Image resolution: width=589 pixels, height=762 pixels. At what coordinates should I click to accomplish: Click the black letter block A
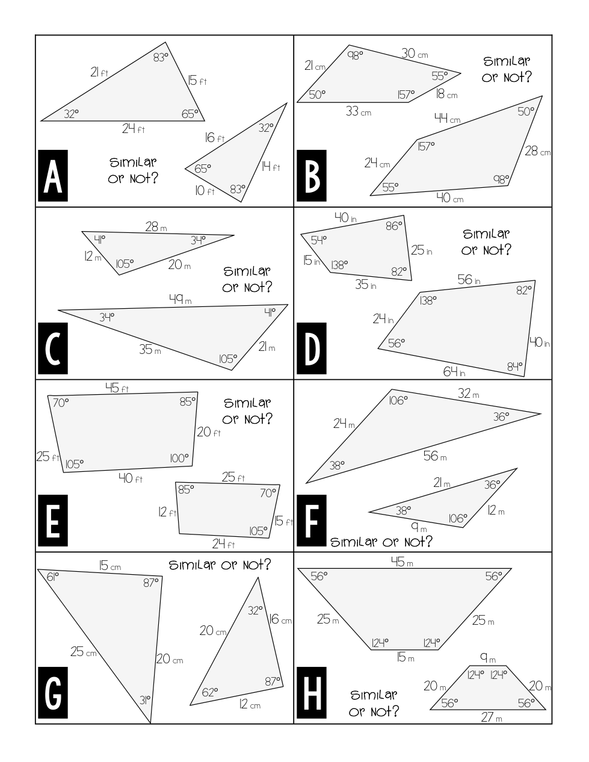point(53,176)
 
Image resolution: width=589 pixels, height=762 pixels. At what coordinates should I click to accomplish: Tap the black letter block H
point(312,692)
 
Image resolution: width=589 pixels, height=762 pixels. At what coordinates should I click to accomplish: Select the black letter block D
point(312,348)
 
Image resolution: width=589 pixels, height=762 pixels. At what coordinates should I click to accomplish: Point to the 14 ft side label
point(270,167)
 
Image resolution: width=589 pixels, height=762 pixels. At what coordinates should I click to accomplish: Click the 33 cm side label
point(358,111)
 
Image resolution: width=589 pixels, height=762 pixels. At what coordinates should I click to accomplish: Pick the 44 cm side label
point(447,119)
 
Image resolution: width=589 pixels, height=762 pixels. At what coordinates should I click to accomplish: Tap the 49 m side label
point(180,299)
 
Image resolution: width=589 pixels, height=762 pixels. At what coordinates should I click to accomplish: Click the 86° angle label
point(393,226)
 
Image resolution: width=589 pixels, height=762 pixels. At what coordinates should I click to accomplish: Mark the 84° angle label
point(515,365)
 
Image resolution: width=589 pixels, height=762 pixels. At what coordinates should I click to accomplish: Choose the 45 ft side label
point(117,388)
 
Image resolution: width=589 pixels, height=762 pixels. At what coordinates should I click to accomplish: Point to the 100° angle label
point(179,459)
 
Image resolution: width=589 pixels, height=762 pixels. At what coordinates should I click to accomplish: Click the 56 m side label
point(434,456)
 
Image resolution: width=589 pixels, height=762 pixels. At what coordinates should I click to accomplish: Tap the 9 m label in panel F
point(419,527)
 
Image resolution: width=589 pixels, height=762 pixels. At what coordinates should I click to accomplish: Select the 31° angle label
point(145,700)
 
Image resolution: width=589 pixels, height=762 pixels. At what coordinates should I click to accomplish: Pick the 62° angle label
point(209,692)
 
